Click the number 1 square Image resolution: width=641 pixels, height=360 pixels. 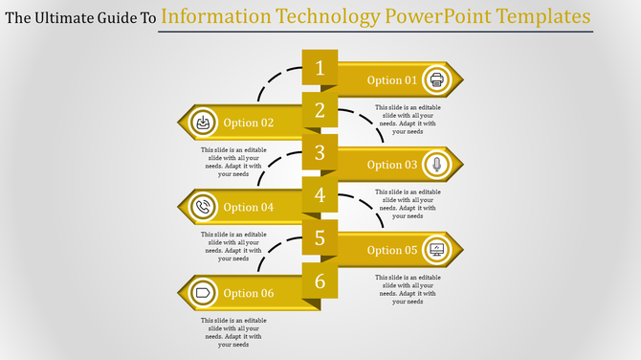coord(320,68)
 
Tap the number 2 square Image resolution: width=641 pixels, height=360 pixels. coord(320,110)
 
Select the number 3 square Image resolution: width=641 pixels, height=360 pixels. coord(320,152)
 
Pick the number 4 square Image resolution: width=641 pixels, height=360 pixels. coord(320,195)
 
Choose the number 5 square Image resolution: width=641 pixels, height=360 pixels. coord(320,237)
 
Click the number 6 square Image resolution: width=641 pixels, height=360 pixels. coord(320,281)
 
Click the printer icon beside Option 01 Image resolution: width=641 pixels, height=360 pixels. coord(437,79)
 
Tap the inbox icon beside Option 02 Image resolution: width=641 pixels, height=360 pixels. coord(203,123)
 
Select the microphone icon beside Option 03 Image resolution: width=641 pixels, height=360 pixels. coord(437,165)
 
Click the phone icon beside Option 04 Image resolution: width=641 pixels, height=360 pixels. coord(203,207)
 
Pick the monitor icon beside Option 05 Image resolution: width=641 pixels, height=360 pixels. coord(437,250)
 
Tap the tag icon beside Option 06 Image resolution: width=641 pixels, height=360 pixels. coord(203,292)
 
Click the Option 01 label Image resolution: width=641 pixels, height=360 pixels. coord(392,80)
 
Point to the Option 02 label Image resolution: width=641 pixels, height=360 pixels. coord(249,123)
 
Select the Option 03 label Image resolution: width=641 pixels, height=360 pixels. coord(392,165)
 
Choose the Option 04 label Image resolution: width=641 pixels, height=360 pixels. coord(249,208)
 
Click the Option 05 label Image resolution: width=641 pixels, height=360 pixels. coord(392,251)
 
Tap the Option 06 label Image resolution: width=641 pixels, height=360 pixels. coord(249,293)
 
